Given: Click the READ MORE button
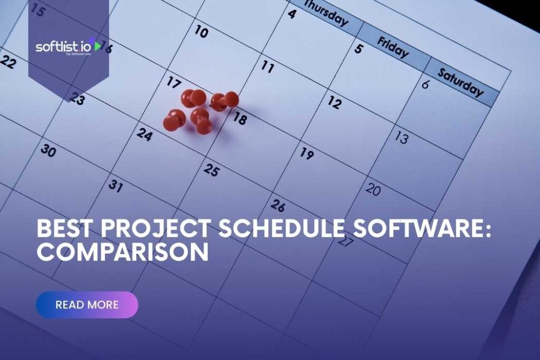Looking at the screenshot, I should [87, 305].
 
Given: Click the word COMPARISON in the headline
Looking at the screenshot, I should [122, 252].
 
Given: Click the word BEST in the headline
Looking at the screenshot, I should [64, 229].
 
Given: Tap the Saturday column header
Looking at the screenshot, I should [460, 83].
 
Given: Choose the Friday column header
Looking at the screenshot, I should [392, 47].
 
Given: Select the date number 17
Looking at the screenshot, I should [174, 82].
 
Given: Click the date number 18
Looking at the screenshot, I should [239, 119].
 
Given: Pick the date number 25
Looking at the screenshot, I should [211, 170].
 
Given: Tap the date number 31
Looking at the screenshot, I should [116, 186].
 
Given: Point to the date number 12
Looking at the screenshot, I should [334, 102].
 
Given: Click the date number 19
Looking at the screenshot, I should [307, 153].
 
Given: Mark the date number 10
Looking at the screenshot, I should [201, 32].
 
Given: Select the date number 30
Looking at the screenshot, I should [48, 151].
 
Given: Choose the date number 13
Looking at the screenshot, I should [402, 138].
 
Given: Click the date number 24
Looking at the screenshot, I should [144, 134].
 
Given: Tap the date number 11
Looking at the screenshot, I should [268, 67].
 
